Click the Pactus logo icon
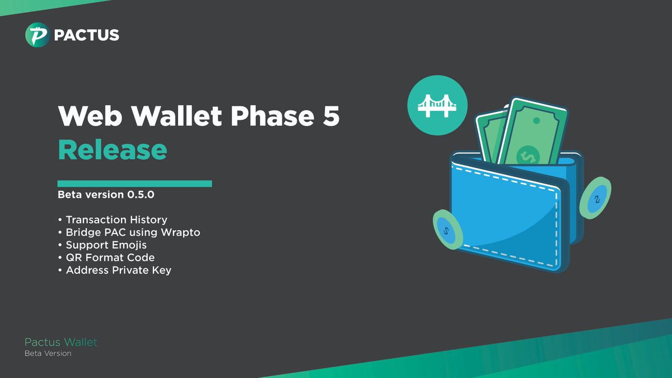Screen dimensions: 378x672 [38, 35]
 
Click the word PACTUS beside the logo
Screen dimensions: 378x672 [86, 35]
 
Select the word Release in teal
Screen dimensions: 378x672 [113, 149]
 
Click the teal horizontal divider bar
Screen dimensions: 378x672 [134, 183]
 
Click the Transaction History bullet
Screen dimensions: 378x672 [116, 220]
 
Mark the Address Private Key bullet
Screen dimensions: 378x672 [118, 270]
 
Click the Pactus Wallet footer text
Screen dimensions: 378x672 [60, 342]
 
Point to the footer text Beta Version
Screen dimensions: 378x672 [48, 353]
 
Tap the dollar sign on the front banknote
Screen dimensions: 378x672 [526, 155]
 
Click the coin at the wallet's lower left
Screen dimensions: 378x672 [446, 229]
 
